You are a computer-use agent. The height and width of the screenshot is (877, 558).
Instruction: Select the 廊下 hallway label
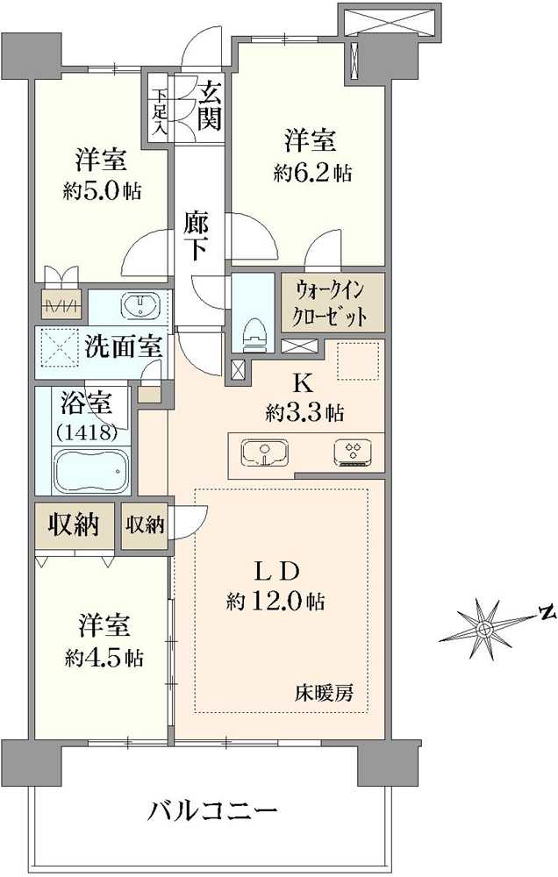tap(196, 235)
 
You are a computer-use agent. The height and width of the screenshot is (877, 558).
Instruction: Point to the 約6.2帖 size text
tap(312, 173)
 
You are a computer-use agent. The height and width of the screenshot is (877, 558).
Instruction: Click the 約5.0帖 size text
tap(103, 190)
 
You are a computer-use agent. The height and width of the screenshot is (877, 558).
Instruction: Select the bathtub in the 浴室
tap(90, 472)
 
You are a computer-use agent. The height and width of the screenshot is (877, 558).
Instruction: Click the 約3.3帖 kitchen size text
tap(304, 412)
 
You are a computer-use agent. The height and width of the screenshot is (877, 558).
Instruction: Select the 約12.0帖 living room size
tap(275, 602)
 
